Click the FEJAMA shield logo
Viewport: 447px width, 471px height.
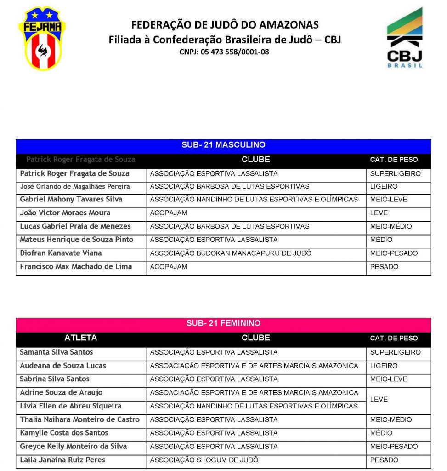click(x=42, y=38)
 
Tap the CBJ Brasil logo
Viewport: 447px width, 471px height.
click(x=404, y=38)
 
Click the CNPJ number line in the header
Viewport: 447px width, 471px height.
click(x=224, y=52)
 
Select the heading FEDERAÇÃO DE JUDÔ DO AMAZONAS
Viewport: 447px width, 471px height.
click(x=225, y=25)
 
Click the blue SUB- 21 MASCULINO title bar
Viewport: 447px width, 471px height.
click(x=223, y=145)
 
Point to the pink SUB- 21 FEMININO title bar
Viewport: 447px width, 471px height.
click(x=223, y=323)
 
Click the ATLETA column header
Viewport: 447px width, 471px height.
click(x=80, y=338)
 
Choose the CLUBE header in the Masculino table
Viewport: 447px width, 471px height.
click(x=255, y=160)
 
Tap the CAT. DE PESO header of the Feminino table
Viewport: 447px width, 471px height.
click(x=394, y=338)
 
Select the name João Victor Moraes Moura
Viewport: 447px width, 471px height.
click(x=65, y=213)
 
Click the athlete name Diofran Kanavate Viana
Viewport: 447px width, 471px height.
click(x=61, y=253)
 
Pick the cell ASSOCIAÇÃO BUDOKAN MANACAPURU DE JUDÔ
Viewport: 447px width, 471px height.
click(x=231, y=253)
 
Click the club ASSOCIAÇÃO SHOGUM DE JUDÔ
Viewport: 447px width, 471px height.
click(x=204, y=460)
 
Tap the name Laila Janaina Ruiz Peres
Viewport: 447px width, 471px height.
click(x=62, y=460)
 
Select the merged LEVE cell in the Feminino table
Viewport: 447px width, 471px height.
click(x=379, y=399)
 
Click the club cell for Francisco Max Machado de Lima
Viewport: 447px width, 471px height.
click(x=169, y=267)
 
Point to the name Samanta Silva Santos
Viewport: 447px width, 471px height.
click(x=57, y=352)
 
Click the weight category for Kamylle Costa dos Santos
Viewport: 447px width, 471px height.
click(x=381, y=433)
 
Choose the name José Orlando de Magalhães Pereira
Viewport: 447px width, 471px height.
click(x=75, y=186)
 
